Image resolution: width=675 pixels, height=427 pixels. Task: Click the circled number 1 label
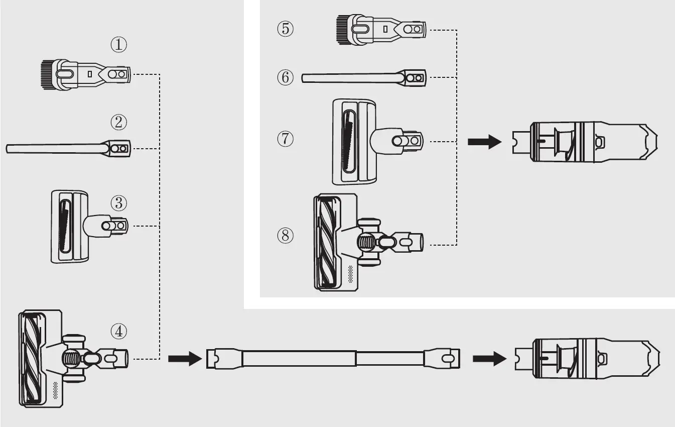[x=118, y=45]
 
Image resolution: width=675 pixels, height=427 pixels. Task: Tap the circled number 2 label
[x=118, y=122]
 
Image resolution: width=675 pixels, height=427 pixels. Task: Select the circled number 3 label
[x=118, y=203]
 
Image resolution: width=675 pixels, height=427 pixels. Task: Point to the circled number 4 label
[x=119, y=332]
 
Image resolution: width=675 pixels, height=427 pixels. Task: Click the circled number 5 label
[x=285, y=29]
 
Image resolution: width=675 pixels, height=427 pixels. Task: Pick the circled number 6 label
[x=285, y=77]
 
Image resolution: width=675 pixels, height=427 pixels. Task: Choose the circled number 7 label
[x=285, y=139]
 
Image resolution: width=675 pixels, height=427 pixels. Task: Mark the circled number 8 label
[x=285, y=235]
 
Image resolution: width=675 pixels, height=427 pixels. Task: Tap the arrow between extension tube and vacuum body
[x=488, y=359]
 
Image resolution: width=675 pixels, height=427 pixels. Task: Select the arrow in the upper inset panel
[x=484, y=142]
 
